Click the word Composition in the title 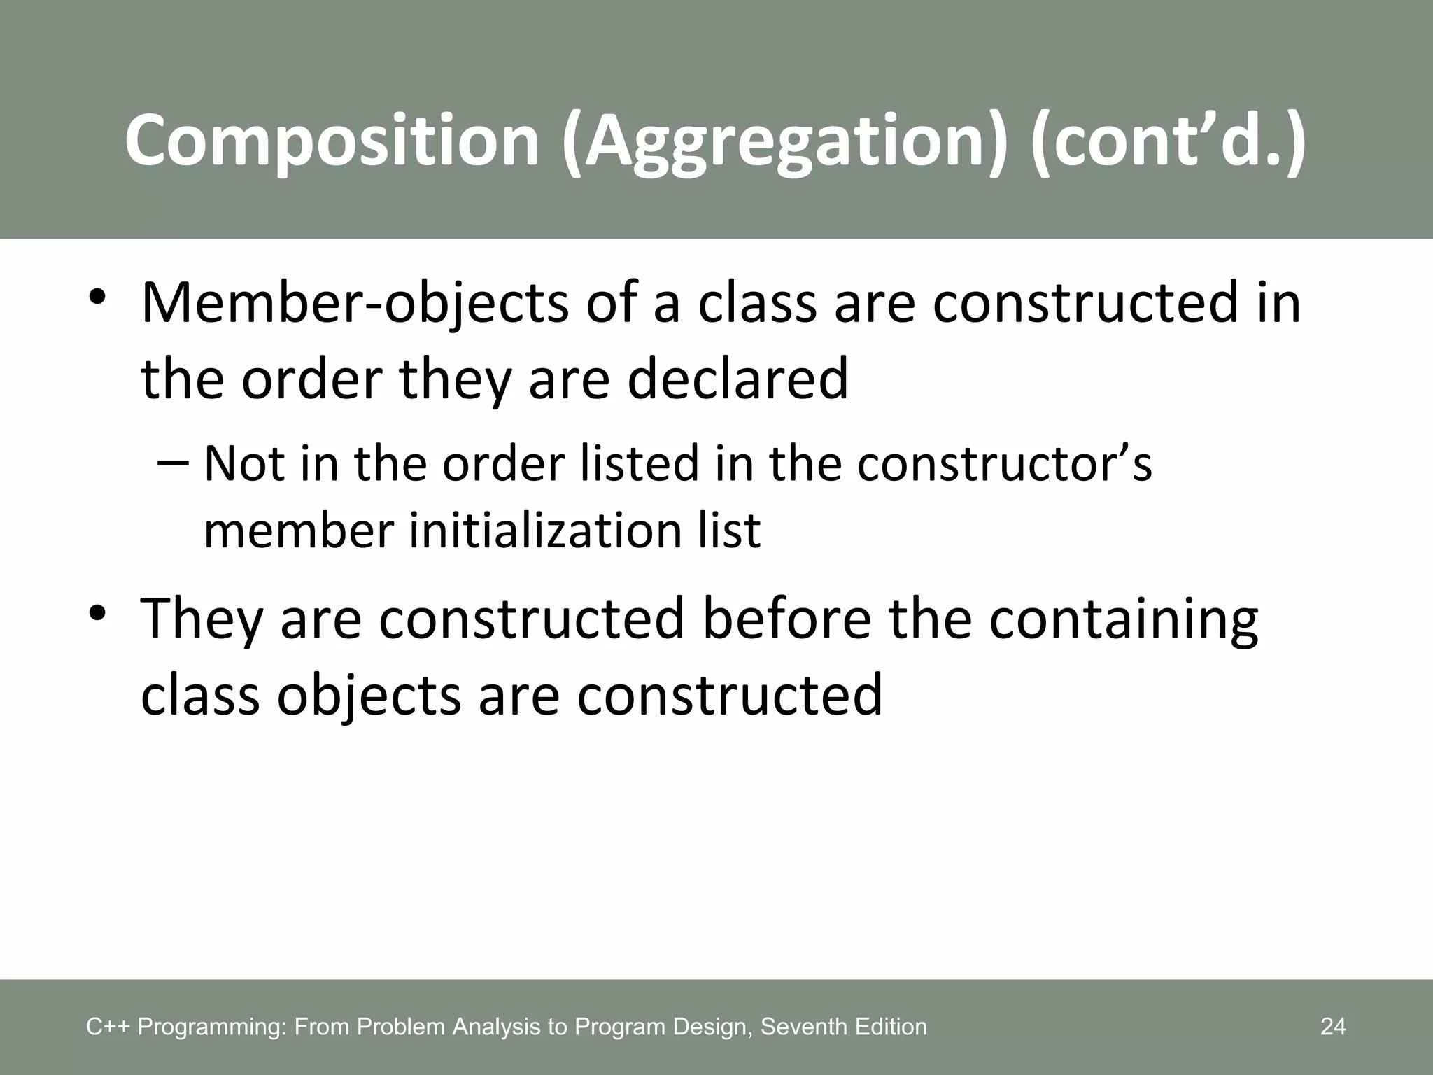(332, 142)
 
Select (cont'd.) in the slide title (1168, 142)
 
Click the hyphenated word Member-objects (355, 304)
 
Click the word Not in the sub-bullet (244, 464)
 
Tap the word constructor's (1004, 464)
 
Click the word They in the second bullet (202, 620)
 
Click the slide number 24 (1333, 1027)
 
